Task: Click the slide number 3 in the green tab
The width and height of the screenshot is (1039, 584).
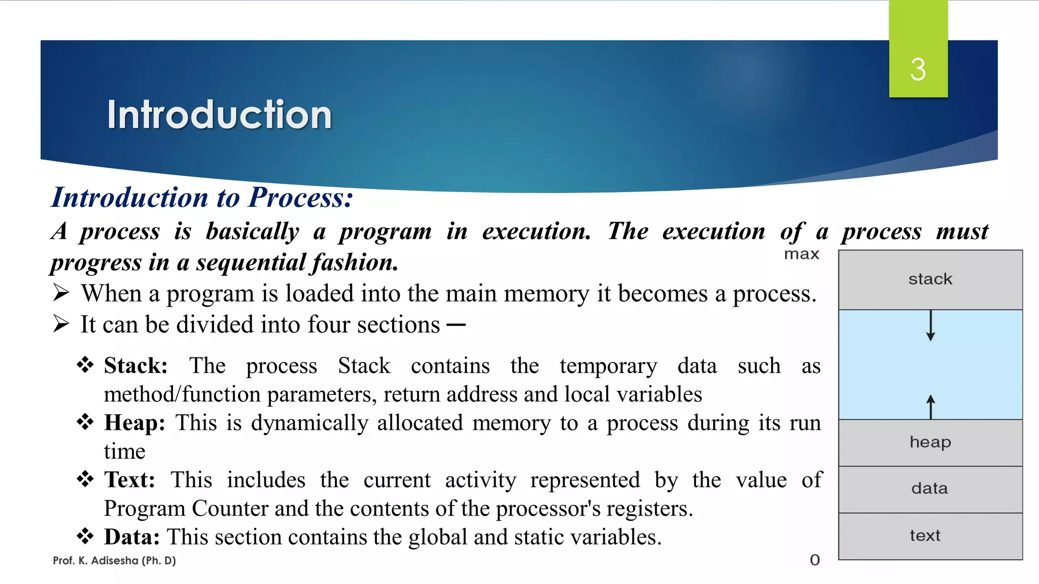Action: [x=918, y=69]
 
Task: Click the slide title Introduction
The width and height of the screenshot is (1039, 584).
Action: [x=219, y=115]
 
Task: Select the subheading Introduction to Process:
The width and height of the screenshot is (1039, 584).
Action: [x=202, y=197]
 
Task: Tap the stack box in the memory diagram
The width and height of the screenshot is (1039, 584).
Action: [x=930, y=279]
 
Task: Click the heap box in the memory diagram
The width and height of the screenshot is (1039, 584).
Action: [x=930, y=443]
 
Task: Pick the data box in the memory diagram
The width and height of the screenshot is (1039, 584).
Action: [x=930, y=489]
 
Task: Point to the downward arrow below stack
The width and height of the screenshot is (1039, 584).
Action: [x=930, y=325]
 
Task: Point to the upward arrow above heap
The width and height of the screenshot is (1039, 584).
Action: [x=930, y=407]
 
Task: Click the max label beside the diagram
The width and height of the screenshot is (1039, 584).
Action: [x=802, y=254]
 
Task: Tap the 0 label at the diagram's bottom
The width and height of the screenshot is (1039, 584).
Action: [x=815, y=560]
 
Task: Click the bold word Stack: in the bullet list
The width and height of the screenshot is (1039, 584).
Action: [x=135, y=366]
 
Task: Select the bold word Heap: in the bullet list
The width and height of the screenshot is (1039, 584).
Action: [x=134, y=423]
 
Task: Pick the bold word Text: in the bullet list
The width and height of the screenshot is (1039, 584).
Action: [x=129, y=480]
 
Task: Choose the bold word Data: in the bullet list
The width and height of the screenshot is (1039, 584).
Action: [x=132, y=537]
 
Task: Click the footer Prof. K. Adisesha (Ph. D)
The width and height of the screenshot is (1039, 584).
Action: [x=114, y=561]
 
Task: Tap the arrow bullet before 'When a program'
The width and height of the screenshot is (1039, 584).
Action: [x=61, y=293]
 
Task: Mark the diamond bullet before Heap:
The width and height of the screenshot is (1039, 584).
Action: [x=85, y=422]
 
